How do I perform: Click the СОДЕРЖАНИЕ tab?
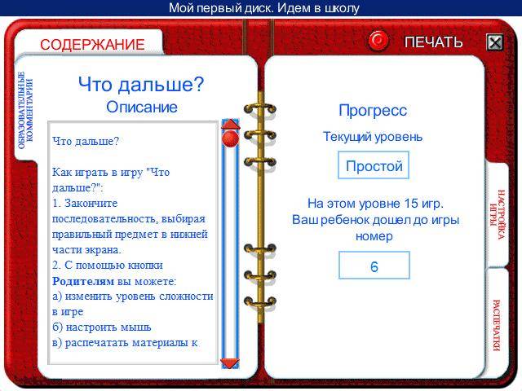click(x=92, y=44)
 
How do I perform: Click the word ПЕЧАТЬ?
click(x=433, y=42)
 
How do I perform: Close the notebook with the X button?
click(x=495, y=42)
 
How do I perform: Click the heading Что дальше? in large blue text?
click(x=141, y=85)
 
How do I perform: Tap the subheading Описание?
click(x=142, y=107)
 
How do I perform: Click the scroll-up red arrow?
click(x=230, y=124)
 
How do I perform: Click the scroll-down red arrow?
click(x=230, y=362)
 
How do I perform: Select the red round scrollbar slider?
click(x=230, y=138)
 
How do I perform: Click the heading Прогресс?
click(x=373, y=111)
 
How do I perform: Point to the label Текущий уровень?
click(x=373, y=137)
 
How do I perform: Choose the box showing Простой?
click(x=374, y=165)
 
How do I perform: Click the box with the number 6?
click(x=374, y=266)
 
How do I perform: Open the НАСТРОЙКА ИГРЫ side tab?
click(x=498, y=214)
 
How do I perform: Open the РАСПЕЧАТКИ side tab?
click(x=497, y=325)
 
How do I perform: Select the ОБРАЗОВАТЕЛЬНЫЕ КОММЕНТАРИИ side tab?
click(x=25, y=110)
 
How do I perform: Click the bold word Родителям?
click(x=83, y=281)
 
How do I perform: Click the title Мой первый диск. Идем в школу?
click(x=264, y=7)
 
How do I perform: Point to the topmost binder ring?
click(x=260, y=109)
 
